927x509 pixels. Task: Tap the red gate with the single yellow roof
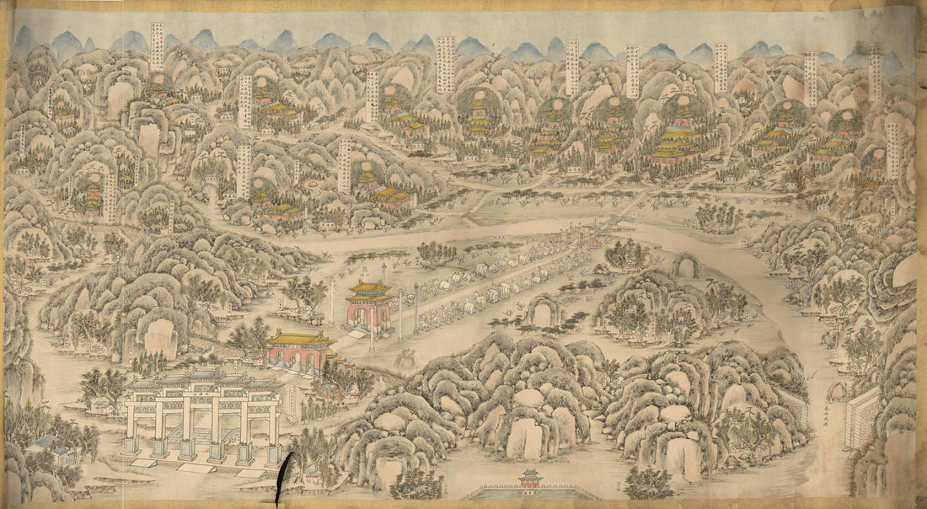pos(300,350)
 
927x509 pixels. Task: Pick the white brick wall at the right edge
pos(861,416)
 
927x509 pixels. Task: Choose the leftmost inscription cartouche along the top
pos(157,46)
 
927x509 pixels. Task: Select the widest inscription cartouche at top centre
pos(446,63)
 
